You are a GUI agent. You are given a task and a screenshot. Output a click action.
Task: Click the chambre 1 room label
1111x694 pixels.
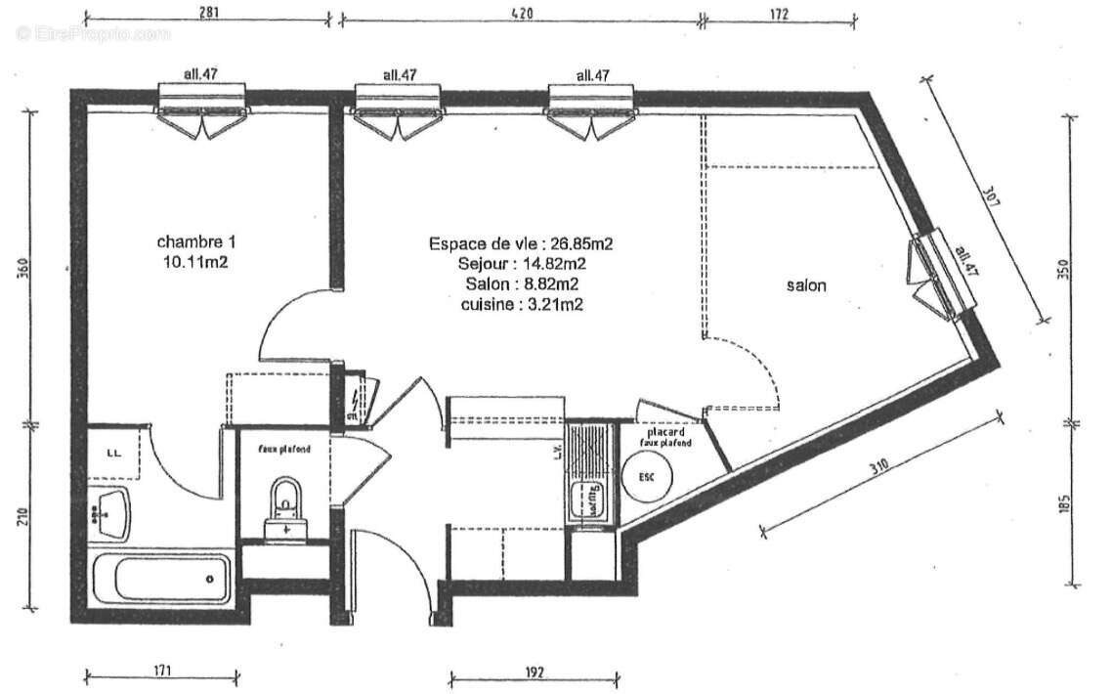pos(196,241)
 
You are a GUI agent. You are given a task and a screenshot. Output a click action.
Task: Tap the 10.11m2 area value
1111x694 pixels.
pos(196,261)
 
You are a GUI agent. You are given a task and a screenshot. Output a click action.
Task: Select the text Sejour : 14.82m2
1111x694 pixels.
pos(521,263)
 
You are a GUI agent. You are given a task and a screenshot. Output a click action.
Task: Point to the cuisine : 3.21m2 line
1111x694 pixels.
pos(521,304)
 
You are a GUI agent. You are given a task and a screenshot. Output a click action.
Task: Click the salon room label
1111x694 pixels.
pos(806,285)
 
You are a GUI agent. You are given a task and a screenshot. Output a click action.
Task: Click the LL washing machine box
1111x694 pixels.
pos(113,452)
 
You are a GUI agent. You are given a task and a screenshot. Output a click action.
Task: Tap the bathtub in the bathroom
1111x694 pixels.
pos(160,579)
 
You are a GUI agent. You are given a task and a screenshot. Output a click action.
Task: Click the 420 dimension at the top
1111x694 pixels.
pos(521,13)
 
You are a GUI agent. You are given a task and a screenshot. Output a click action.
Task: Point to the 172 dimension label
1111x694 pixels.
pos(778,13)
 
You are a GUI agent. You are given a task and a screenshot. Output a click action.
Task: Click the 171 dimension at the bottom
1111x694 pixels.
pos(161,672)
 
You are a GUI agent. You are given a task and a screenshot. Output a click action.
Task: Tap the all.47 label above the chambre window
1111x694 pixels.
pos(200,74)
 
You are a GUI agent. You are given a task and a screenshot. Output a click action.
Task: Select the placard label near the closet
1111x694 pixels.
pos(664,431)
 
